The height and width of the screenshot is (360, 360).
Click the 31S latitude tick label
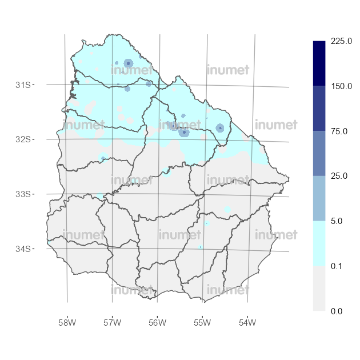pyautogui.click(x=23, y=85)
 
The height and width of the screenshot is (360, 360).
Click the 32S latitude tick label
pyautogui.click(x=23, y=139)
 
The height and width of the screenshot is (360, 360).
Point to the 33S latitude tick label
pyautogui.click(x=23, y=194)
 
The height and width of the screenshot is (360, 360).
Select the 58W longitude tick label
pyautogui.click(x=67, y=323)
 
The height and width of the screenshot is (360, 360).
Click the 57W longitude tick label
pyautogui.click(x=113, y=323)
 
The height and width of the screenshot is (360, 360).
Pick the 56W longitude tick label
pyautogui.click(x=157, y=323)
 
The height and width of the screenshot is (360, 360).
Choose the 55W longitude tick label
pyautogui.click(x=202, y=323)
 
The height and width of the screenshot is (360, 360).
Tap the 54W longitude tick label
pyautogui.click(x=247, y=323)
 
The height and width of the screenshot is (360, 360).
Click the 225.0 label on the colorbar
pyautogui.click(x=342, y=42)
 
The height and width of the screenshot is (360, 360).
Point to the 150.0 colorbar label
pyautogui.click(x=342, y=86)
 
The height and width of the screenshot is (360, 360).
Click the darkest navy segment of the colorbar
pyautogui.click(x=319, y=63)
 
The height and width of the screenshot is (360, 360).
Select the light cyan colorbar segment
pyautogui.click(x=319, y=243)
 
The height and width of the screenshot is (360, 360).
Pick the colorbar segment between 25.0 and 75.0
pyautogui.click(x=319, y=153)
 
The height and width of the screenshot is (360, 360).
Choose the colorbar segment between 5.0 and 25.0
pyautogui.click(x=319, y=198)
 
